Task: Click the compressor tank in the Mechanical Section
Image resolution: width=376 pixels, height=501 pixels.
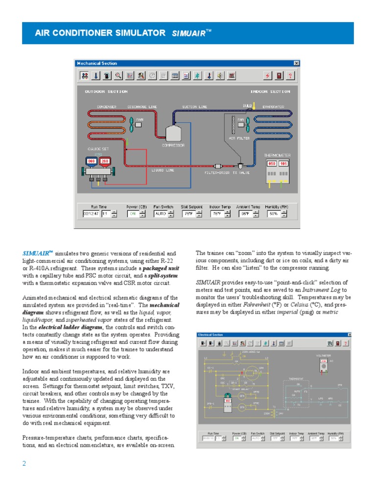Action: coord(173,133)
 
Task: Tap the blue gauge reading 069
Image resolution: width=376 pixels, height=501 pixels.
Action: coord(91,161)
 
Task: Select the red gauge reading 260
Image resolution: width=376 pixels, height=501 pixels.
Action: coord(105,161)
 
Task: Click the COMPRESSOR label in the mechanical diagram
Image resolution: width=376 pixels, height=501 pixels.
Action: coord(173,145)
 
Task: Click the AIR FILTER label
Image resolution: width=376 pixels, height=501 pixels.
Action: coord(239,138)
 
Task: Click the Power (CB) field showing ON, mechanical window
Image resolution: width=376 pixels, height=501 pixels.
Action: coord(133,213)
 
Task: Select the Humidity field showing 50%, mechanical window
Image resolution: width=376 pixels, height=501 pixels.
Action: coord(273,213)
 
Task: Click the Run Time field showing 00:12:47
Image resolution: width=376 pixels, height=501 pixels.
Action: coord(91,213)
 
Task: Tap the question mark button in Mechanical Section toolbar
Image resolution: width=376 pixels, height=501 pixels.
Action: coord(290,75)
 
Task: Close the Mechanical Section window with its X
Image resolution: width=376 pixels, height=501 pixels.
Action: coord(296,63)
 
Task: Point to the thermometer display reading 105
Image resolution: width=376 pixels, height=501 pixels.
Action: coord(283,163)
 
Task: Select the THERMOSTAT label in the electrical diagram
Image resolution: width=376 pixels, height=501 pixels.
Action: coord(296,379)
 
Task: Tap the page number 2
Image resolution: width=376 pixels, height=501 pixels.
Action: coord(24,464)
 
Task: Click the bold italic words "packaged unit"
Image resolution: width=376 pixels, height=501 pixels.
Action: coord(161,269)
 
